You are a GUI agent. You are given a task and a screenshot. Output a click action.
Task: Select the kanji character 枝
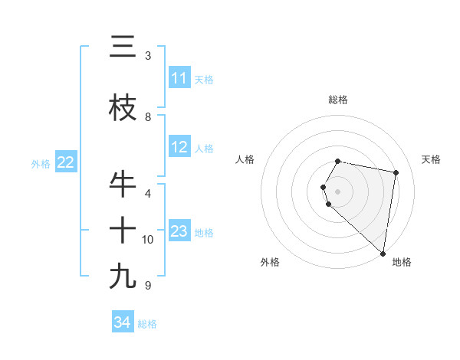click(x=123, y=108)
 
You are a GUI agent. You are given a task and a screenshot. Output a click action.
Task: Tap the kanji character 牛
click(x=123, y=184)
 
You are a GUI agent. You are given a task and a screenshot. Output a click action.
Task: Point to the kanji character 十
click(x=123, y=229)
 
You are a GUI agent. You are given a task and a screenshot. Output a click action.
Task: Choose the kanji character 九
click(x=123, y=276)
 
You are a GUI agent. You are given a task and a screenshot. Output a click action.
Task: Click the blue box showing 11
click(x=179, y=78)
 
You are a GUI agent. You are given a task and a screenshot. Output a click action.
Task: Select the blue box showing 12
click(x=179, y=147)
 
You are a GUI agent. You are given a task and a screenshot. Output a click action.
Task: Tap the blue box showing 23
click(x=179, y=231)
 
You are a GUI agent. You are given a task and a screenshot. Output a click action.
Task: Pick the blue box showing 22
click(x=66, y=162)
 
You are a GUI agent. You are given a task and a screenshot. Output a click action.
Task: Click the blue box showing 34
click(x=122, y=322)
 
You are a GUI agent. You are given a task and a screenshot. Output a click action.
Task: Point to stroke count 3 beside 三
click(x=148, y=56)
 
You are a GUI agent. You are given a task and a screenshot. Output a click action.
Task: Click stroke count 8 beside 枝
click(x=148, y=117)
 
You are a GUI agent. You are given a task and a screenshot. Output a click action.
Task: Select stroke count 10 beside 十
click(x=148, y=240)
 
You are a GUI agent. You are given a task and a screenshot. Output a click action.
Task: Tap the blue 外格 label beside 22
click(x=41, y=163)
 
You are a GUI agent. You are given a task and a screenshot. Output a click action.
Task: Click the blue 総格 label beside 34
click(x=147, y=324)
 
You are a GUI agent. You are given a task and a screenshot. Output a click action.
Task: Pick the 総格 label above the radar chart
click(x=338, y=100)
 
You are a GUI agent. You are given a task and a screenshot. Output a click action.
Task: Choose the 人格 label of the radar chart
click(x=245, y=159)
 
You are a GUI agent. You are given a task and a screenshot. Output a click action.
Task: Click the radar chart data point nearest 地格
click(x=383, y=254)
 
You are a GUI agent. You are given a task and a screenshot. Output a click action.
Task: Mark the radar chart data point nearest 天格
click(x=396, y=173)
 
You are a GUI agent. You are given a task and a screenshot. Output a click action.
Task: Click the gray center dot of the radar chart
click(x=338, y=191)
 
